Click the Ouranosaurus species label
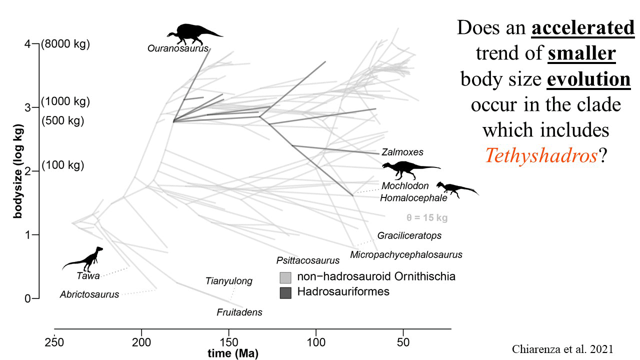click(x=177, y=48)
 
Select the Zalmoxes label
click(x=402, y=152)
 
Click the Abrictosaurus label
click(x=89, y=294)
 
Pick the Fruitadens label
click(x=239, y=312)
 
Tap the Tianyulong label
click(x=229, y=281)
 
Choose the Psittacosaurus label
click(x=307, y=260)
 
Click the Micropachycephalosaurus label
click(x=406, y=254)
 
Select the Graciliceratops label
click(x=409, y=235)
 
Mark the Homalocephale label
click(x=413, y=198)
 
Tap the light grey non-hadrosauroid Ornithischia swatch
click(x=285, y=277)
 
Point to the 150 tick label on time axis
click(x=228, y=343)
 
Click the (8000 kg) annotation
click(x=65, y=44)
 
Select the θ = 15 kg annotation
click(x=426, y=217)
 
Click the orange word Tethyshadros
click(x=541, y=156)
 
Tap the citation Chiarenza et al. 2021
click(x=563, y=349)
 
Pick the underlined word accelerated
click(x=582, y=28)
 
